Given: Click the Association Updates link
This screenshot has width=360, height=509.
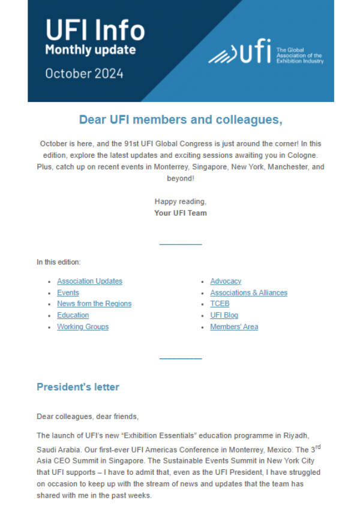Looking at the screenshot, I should [x=89, y=281].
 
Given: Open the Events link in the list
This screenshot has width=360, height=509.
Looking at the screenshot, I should [x=68, y=293].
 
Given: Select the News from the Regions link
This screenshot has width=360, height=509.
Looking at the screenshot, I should [x=94, y=304].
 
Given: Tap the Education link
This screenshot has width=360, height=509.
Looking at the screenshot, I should [x=73, y=315].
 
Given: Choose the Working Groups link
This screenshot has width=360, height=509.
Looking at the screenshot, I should [x=83, y=327].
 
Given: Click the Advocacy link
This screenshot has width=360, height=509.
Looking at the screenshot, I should [x=226, y=281].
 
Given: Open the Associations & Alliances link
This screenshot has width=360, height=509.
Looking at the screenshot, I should [x=248, y=293].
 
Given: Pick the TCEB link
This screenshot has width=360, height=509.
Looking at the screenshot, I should [x=220, y=304].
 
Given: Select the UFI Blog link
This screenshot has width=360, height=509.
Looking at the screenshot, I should [x=224, y=315].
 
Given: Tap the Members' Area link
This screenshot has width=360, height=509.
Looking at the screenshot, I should [x=234, y=327].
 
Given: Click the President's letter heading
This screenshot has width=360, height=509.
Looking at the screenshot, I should [x=78, y=387].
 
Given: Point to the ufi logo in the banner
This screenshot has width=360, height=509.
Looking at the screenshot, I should [x=240, y=53].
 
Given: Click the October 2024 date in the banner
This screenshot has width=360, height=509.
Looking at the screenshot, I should [x=84, y=74].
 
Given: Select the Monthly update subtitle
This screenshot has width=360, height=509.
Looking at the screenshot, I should [x=90, y=50].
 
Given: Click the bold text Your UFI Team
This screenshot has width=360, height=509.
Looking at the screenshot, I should [x=180, y=213].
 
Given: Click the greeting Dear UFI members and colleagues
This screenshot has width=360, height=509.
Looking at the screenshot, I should [x=180, y=120].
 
